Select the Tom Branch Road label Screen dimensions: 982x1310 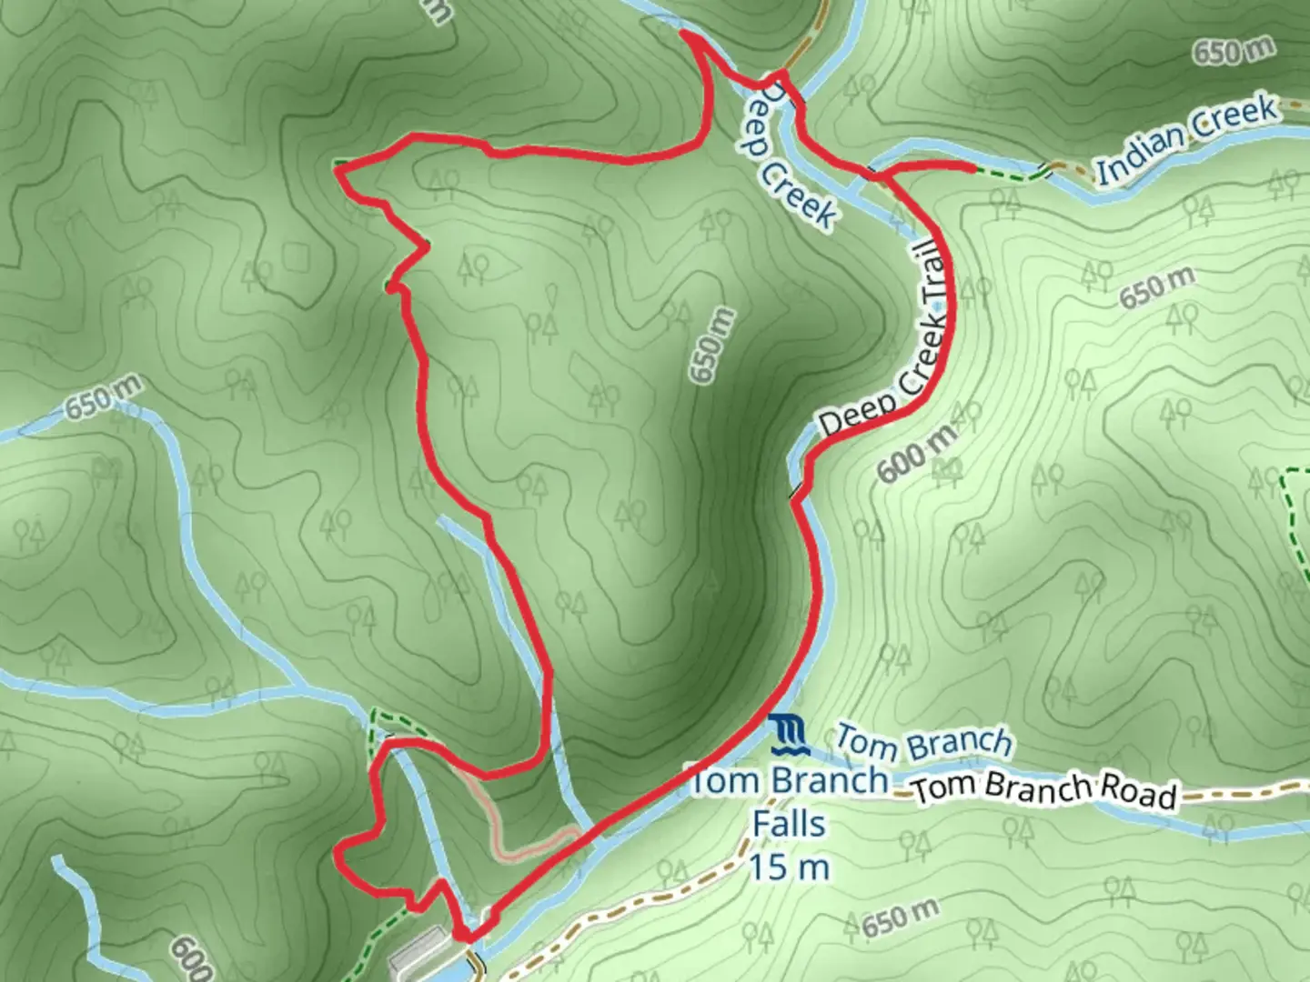pos(1044,790)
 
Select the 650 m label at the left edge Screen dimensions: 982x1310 pos(103,398)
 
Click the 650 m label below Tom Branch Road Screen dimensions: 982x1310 pos(899,918)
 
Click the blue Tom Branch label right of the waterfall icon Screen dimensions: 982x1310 pos(922,742)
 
